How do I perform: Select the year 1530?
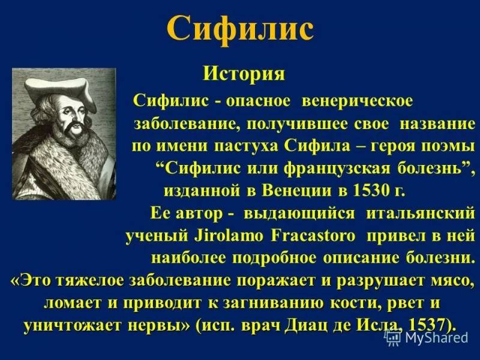point(361,191)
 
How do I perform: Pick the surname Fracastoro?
point(286,236)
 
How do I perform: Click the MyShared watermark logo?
point(427,338)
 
